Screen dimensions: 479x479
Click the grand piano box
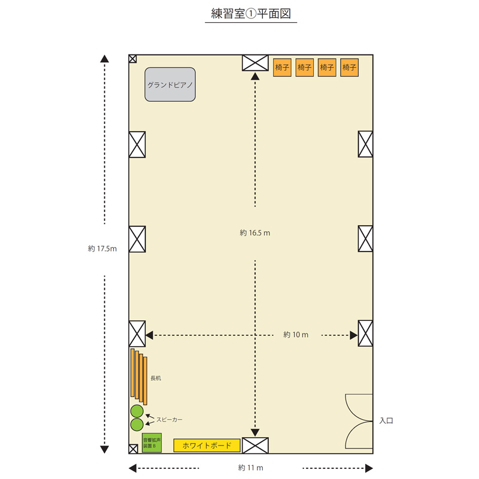pyautogui.click(x=170, y=84)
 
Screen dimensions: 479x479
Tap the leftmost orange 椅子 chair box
pyautogui.click(x=282, y=67)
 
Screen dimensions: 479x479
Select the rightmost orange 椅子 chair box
pyautogui.click(x=349, y=67)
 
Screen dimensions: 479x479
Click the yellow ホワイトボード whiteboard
pyautogui.click(x=207, y=445)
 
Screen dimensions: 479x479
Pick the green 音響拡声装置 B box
pyautogui.click(x=151, y=442)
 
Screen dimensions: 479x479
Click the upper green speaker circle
pyautogui.click(x=137, y=411)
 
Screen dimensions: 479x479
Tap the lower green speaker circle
pyautogui.click(x=137, y=425)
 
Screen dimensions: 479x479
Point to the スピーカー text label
pyautogui.click(x=169, y=420)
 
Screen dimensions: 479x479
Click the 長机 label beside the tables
pyautogui.click(x=156, y=378)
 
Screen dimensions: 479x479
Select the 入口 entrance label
pyautogui.click(x=386, y=421)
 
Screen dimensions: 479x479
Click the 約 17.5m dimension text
pyautogui.click(x=102, y=248)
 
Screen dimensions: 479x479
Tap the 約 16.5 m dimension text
pyautogui.click(x=255, y=233)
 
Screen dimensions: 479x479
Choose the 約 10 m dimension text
pyautogui.click(x=296, y=335)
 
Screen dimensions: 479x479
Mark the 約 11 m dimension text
pyautogui.click(x=250, y=468)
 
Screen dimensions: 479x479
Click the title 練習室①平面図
pyautogui.click(x=251, y=13)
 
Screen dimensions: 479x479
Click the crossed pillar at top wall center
pyautogui.click(x=255, y=63)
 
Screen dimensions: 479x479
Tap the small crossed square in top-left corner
pyautogui.click(x=132, y=59)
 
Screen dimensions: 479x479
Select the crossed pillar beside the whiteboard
pyautogui.click(x=255, y=445)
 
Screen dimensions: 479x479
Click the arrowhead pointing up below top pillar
pyautogui.click(x=255, y=77)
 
